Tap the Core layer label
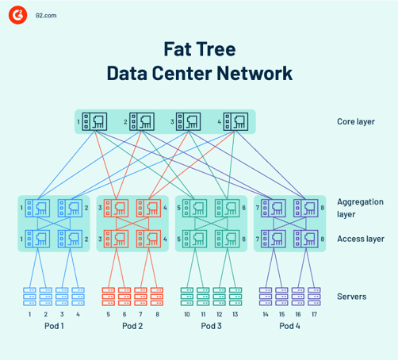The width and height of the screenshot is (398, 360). tap(355, 122)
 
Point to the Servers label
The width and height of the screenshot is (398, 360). tap(351, 296)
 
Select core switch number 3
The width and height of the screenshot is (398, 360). tap(188, 121)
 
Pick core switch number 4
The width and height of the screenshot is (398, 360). tap(235, 121)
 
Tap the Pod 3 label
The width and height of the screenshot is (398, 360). tap(212, 327)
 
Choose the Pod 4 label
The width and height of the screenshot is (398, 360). tap(290, 327)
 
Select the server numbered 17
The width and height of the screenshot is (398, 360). tap(315, 297)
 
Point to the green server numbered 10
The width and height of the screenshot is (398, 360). tap(187, 297)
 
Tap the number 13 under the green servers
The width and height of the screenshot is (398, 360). tap(234, 314)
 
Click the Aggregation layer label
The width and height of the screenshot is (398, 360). tap(358, 208)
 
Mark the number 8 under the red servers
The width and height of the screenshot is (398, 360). tap(157, 314)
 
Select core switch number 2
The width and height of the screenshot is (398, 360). tap(142, 121)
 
